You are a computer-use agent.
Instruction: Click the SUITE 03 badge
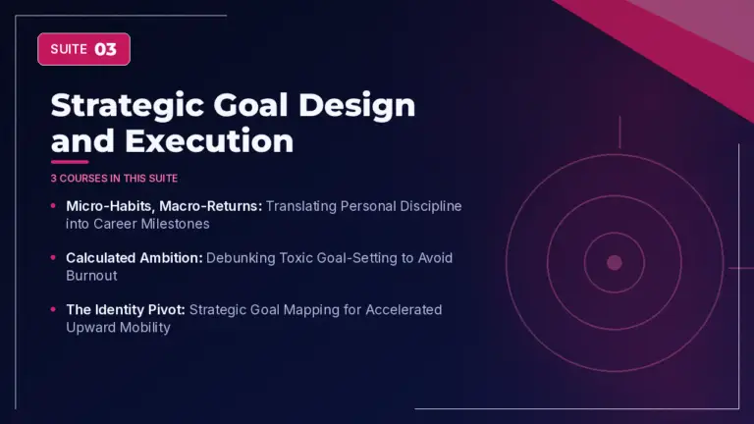click(x=83, y=49)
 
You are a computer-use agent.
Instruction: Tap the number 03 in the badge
click(x=105, y=49)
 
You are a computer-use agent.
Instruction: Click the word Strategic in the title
click(x=128, y=106)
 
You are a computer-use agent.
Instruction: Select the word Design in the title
click(x=356, y=106)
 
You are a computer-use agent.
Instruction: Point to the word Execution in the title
click(x=209, y=141)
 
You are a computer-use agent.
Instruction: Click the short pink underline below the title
click(x=70, y=162)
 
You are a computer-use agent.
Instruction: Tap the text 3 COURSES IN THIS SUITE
click(x=115, y=179)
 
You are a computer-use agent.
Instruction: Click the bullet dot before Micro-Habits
click(x=53, y=206)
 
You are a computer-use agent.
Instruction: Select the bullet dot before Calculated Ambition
click(x=53, y=258)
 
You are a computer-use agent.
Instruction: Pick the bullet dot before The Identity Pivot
click(x=53, y=309)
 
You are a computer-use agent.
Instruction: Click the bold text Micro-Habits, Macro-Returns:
click(x=164, y=206)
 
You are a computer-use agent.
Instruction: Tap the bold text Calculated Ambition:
click(x=135, y=258)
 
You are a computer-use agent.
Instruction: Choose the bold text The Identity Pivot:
click(x=126, y=310)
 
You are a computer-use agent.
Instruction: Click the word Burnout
click(x=91, y=276)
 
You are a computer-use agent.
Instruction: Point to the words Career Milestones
click(x=151, y=224)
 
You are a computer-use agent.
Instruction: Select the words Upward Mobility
click(x=118, y=328)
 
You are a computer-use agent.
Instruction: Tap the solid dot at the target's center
click(x=615, y=262)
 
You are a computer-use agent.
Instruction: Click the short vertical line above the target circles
click(x=619, y=132)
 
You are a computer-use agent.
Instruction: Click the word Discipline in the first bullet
click(x=431, y=206)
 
